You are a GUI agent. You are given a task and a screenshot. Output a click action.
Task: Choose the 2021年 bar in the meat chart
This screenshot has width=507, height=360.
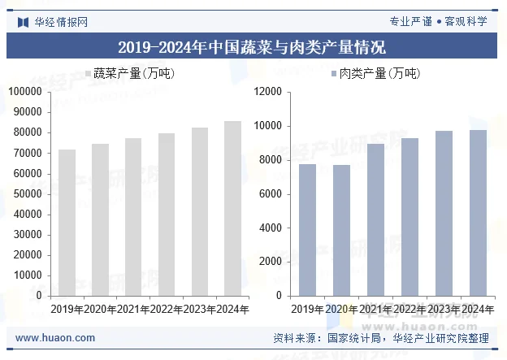point(375,219)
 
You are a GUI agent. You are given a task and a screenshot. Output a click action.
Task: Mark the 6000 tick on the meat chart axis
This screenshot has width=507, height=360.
point(269,194)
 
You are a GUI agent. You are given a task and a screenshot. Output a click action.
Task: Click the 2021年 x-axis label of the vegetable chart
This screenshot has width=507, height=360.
point(132,309)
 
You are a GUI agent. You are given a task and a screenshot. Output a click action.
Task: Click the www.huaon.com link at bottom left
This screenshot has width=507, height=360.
point(55,338)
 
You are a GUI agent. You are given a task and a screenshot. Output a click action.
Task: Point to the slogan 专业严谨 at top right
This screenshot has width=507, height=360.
point(410,21)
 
